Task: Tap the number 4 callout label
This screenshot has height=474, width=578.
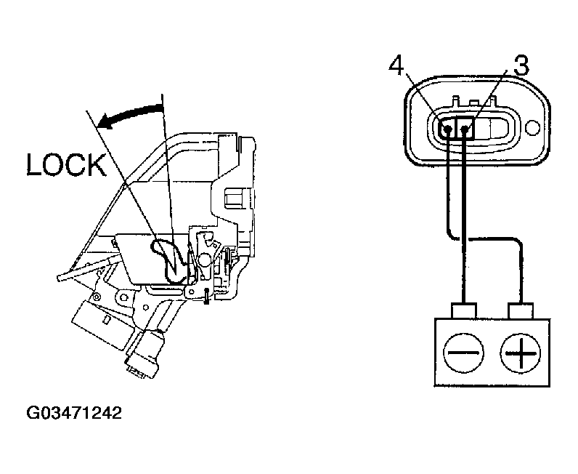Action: tap(396, 66)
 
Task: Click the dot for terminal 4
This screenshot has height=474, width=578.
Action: tap(447, 130)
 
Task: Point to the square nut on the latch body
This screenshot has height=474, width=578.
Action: tap(234, 196)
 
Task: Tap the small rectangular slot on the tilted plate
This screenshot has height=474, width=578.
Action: tap(107, 319)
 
